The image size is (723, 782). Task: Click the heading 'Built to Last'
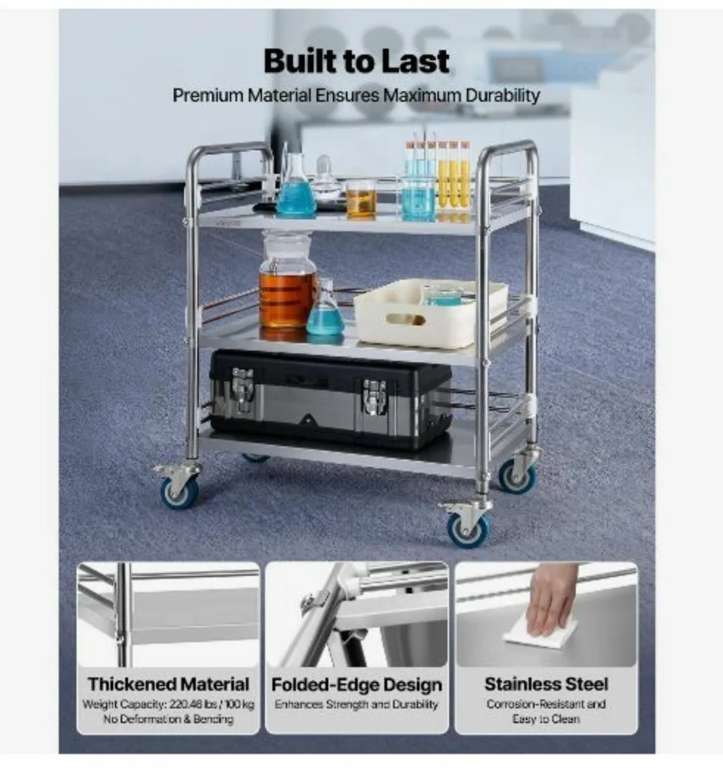(x=356, y=61)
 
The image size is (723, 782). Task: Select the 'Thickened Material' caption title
(x=168, y=684)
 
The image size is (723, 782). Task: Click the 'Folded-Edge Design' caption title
(x=357, y=685)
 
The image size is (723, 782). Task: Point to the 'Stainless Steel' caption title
(x=546, y=684)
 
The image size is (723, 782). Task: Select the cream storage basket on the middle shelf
(x=430, y=313)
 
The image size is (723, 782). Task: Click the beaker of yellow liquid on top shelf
(x=361, y=200)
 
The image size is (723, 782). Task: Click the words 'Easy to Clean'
(x=546, y=719)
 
